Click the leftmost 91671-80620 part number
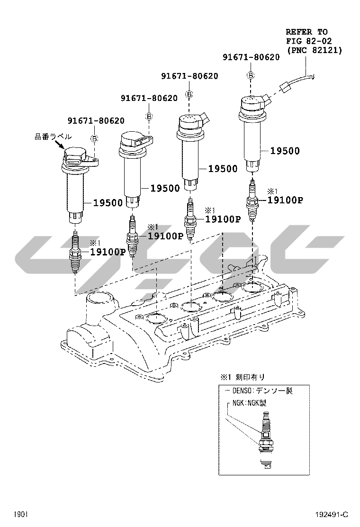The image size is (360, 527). tap(96, 120)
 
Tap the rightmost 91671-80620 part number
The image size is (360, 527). tap(251, 57)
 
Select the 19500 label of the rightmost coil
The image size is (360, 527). tap(285, 151)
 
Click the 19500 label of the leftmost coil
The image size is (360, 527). tap(108, 203)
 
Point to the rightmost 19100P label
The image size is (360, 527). tap(285, 200)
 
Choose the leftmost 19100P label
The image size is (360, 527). tap(108, 252)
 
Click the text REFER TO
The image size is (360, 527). tap(306, 32)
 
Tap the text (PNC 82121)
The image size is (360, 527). tap(314, 50)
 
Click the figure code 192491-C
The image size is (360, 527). tap(332, 515)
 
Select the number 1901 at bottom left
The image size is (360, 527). tap(21, 515)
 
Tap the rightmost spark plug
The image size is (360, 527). tap(252, 200)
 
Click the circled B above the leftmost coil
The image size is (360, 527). tap(95, 138)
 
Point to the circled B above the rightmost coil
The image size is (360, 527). tap(251, 75)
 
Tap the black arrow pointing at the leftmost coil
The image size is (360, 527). tap(59, 145)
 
